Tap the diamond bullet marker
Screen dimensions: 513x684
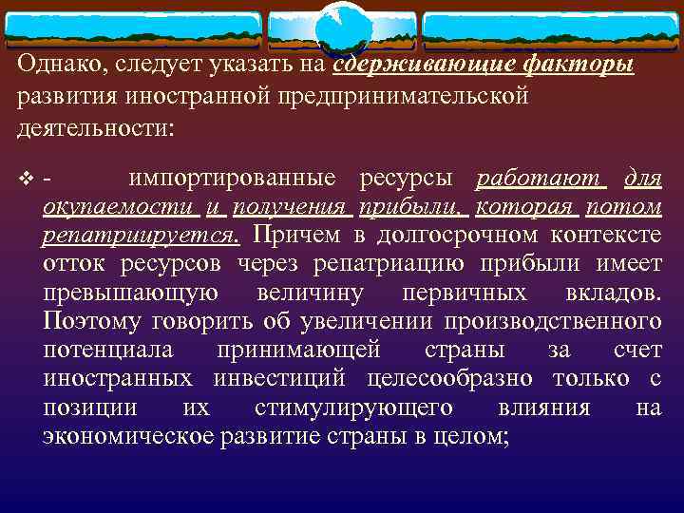click(24, 179)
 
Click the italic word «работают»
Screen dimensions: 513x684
click(538, 178)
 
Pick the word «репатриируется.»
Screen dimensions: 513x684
click(142, 235)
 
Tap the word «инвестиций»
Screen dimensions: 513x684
click(278, 378)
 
